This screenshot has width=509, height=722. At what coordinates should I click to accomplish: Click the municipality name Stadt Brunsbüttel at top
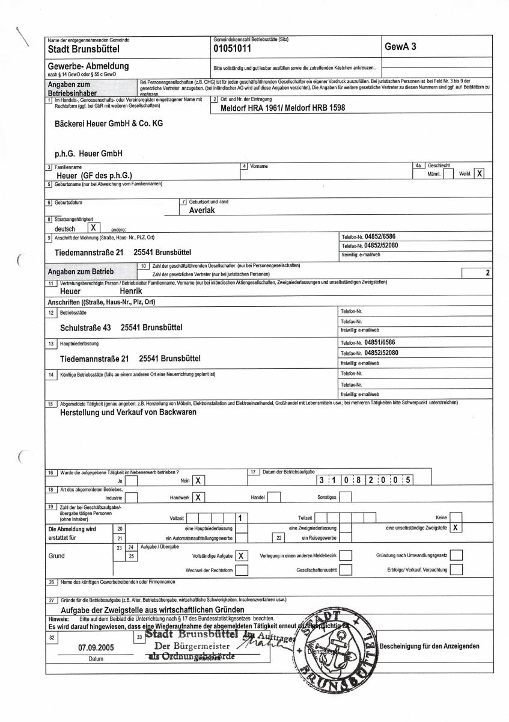pyautogui.click(x=84, y=49)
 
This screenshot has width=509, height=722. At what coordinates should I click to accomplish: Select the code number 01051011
pyautogui.click(x=234, y=49)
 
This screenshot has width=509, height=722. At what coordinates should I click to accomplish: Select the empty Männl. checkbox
pyautogui.click(x=448, y=173)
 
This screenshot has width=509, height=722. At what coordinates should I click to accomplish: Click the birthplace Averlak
pyautogui.click(x=203, y=211)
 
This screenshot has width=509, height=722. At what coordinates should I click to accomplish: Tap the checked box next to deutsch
pyautogui.click(x=94, y=228)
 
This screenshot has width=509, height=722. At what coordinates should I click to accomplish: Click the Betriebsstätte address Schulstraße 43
pyautogui.click(x=86, y=328)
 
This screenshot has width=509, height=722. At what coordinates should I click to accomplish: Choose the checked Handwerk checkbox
pyautogui.click(x=197, y=497)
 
